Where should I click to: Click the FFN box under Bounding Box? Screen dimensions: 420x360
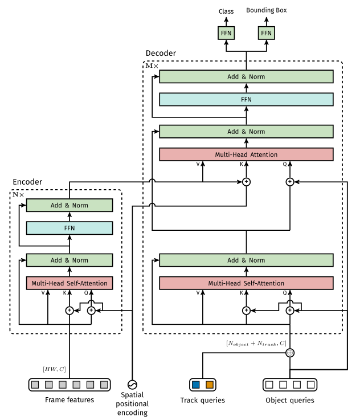pos(266,34)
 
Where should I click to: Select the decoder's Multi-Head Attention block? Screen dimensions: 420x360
pos(246,154)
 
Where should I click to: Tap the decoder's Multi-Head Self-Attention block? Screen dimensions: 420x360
pos(246,283)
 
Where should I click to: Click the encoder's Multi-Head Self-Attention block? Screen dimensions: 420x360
pos(69,283)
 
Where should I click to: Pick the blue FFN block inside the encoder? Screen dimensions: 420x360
pos(69,229)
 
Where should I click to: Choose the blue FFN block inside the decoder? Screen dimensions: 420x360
pos(246,99)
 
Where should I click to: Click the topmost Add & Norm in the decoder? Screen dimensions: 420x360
pos(246,77)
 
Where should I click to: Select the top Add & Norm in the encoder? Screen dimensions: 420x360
pos(69,206)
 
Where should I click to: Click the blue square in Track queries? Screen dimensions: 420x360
pos(196,385)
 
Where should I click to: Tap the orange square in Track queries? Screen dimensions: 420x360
pos(209,385)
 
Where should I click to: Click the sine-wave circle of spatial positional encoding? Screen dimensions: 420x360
pos(133,384)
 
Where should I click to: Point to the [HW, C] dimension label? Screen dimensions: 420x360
pos(55,369)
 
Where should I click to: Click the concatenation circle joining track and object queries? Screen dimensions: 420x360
pos(289,353)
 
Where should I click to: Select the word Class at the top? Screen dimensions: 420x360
pos(227,11)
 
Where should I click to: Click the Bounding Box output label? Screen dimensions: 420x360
pos(266,11)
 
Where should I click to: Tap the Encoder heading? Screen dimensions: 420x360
pos(27,182)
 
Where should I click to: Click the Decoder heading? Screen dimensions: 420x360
pos(161,53)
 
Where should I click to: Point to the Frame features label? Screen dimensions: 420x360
pos(69,400)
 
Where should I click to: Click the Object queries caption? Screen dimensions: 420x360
pos(289,401)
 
